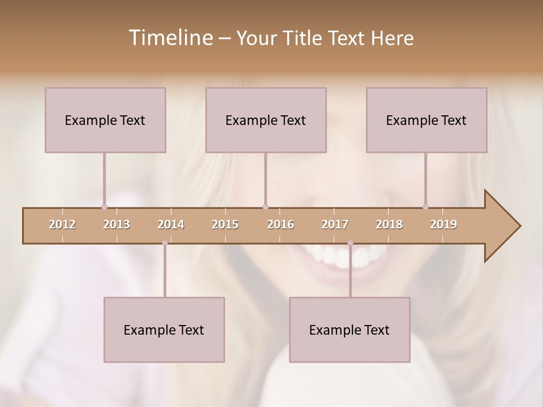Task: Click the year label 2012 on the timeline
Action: tap(62, 224)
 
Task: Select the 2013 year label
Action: tap(117, 224)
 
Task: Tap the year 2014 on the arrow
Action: tap(171, 224)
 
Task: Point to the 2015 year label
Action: tap(225, 224)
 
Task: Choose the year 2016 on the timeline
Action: tap(281, 224)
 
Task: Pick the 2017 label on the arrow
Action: tap(335, 224)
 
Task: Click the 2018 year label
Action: tap(389, 224)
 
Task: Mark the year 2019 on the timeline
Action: tap(443, 224)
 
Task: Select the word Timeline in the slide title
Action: tap(170, 38)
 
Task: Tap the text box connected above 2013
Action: tap(105, 120)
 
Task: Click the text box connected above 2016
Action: tap(266, 120)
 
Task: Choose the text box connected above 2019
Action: tap(426, 120)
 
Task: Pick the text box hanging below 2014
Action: tap(164, 330)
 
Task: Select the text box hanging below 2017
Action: tap(350, 330)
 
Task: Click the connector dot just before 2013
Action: tap(104, 207)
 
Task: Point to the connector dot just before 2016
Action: tap(265, 207)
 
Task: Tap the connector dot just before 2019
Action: tap(425, 207)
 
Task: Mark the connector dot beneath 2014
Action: tap(165, 243)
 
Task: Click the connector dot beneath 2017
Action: tap(350, 243)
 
